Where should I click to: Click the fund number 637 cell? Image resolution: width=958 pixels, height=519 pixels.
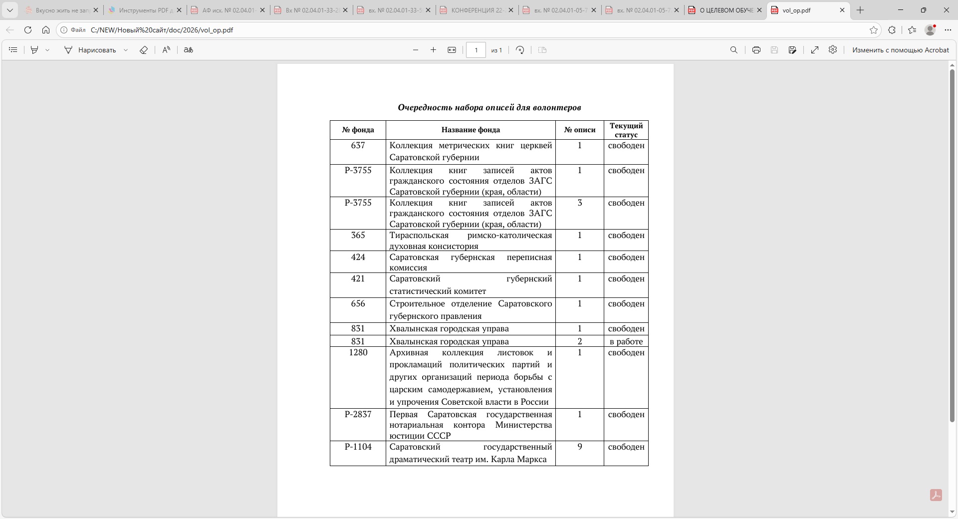click(358, 145)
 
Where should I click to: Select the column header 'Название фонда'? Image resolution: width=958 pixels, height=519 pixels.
click(470, 130)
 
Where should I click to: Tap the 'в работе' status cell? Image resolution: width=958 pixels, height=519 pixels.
click(626, 341)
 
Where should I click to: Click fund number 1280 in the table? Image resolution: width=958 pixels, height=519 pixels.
click(358, 352)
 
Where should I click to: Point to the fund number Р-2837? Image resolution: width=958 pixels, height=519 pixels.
click(358, 414)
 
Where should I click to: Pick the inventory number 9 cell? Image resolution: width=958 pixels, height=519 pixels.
click(579, 447)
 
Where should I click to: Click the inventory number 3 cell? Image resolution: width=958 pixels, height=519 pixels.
click(579, 203)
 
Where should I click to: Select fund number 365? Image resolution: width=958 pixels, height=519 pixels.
click(358, 235)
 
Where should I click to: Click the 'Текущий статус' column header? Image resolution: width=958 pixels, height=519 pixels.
click(626, 130)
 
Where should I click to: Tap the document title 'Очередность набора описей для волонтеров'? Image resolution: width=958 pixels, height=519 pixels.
click(489, 107)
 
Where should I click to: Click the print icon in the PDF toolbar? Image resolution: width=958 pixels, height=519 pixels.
click(756, 50)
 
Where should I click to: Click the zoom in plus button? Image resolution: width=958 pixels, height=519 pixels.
click(433, 50)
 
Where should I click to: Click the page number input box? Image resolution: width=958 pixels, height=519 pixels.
click(476, 50)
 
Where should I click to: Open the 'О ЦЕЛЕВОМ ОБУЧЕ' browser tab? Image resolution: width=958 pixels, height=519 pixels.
click(725, 10)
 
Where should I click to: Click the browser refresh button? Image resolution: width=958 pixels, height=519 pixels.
click(28, 30)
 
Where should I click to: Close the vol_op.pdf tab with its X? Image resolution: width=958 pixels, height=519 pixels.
click(842, 10)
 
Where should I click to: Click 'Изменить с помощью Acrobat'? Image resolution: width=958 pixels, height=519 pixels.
click(900, 50)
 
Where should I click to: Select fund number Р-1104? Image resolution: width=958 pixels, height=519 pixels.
click(358, 447)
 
